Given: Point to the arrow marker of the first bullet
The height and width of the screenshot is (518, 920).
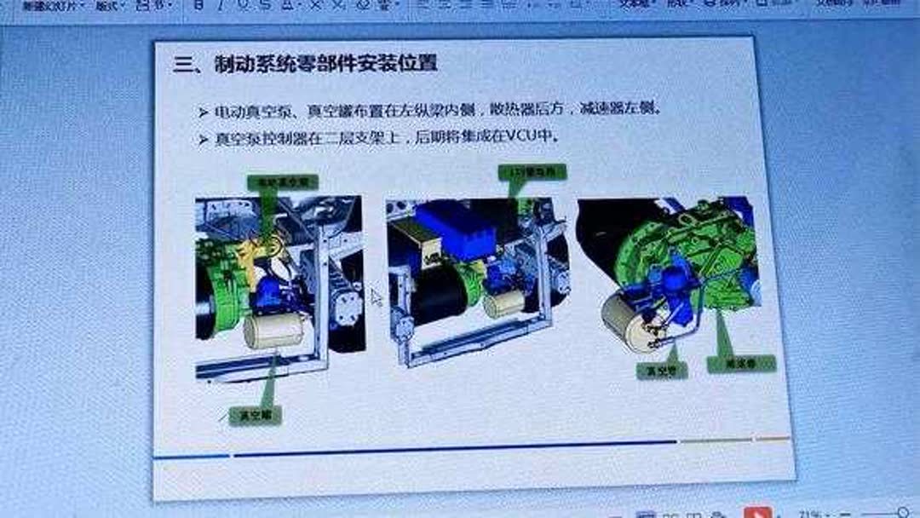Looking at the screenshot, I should point(203,112).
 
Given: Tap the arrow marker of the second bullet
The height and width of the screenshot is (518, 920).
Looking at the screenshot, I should point(203,139).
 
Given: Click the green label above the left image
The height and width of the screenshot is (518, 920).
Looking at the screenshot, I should point(282,181).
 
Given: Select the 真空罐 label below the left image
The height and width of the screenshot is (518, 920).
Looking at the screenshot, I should point(259,416).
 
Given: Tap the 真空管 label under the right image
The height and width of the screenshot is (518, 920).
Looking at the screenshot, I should point(663,371).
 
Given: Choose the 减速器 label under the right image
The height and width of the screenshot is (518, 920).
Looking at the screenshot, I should point(741,364).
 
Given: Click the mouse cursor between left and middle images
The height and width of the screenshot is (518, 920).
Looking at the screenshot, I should point(376,297).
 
